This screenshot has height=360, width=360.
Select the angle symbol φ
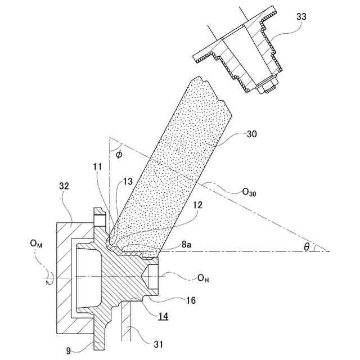119,154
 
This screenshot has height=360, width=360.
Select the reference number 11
98,168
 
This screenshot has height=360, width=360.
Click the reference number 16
190,300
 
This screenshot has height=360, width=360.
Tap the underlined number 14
163,317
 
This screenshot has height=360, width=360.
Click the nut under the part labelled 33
267,87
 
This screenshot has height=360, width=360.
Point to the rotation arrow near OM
44,276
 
